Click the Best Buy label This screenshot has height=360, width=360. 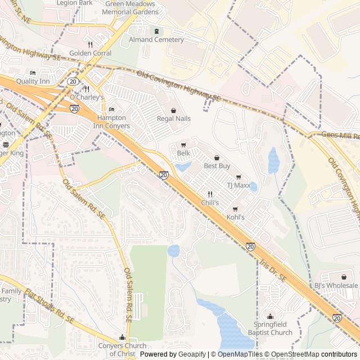[x=217, y=166]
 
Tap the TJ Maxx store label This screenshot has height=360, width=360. [x=238, y=184]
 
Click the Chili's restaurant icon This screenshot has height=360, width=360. [x=210, y=193]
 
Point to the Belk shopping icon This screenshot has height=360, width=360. [x=183, y=145]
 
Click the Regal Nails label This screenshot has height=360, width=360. [x=173, y=119]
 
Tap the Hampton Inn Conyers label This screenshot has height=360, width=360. [x=111, y=122]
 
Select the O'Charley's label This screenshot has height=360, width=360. [x=87, y=97]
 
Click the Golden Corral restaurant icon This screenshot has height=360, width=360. [x=90, y=44]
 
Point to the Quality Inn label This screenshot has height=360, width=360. [x=33, y=81]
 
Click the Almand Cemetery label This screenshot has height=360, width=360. [x=156, y=40]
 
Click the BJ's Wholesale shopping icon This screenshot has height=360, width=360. [x=343, y=277]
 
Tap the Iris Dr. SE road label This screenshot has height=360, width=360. [x=273, y=270]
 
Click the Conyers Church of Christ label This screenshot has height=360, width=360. [x=121, y=349]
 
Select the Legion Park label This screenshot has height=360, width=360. [x=75, y=3]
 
